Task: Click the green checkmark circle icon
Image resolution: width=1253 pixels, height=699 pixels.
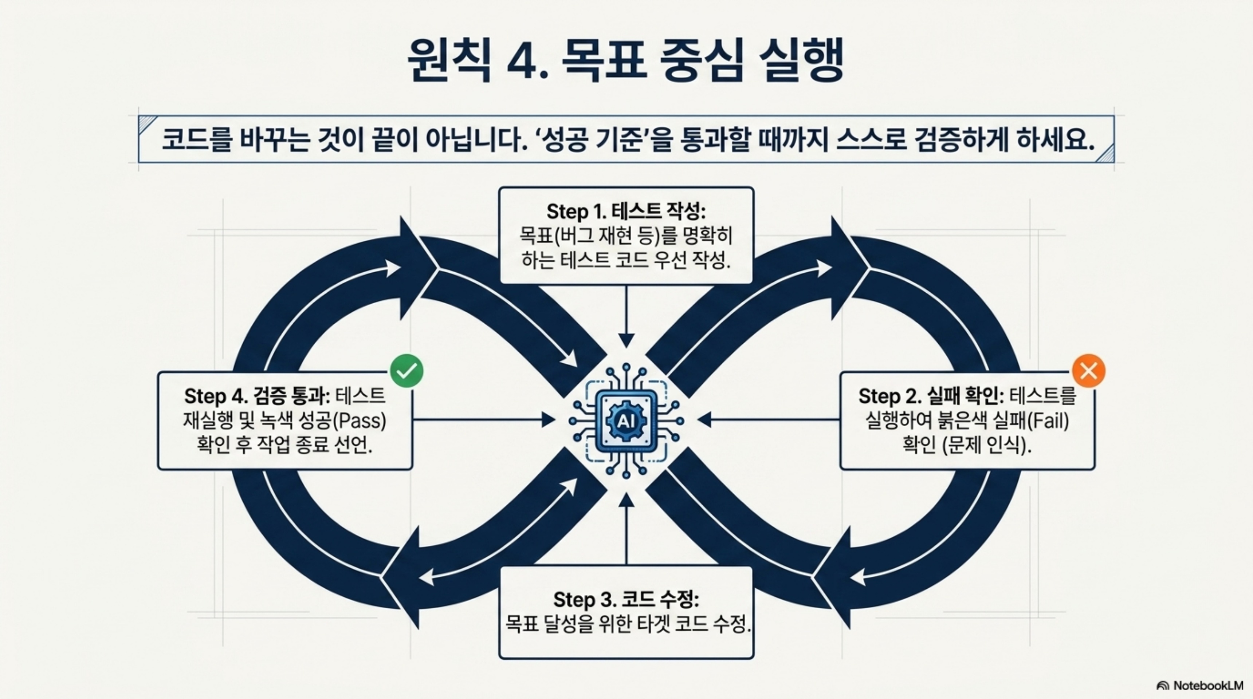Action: [x=406, y=371]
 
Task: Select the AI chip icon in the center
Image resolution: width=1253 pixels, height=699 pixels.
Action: [x=626, y=421]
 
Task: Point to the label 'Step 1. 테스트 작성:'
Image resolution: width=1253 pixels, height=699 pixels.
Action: [x=626, y=212]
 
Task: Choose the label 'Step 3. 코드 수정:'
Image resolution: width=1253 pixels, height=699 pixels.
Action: [x=626, y=599]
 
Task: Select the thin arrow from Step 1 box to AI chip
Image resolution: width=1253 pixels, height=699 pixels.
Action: [x=626, y=316]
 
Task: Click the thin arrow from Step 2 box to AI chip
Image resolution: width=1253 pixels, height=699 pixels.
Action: [x=769, y=419]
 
